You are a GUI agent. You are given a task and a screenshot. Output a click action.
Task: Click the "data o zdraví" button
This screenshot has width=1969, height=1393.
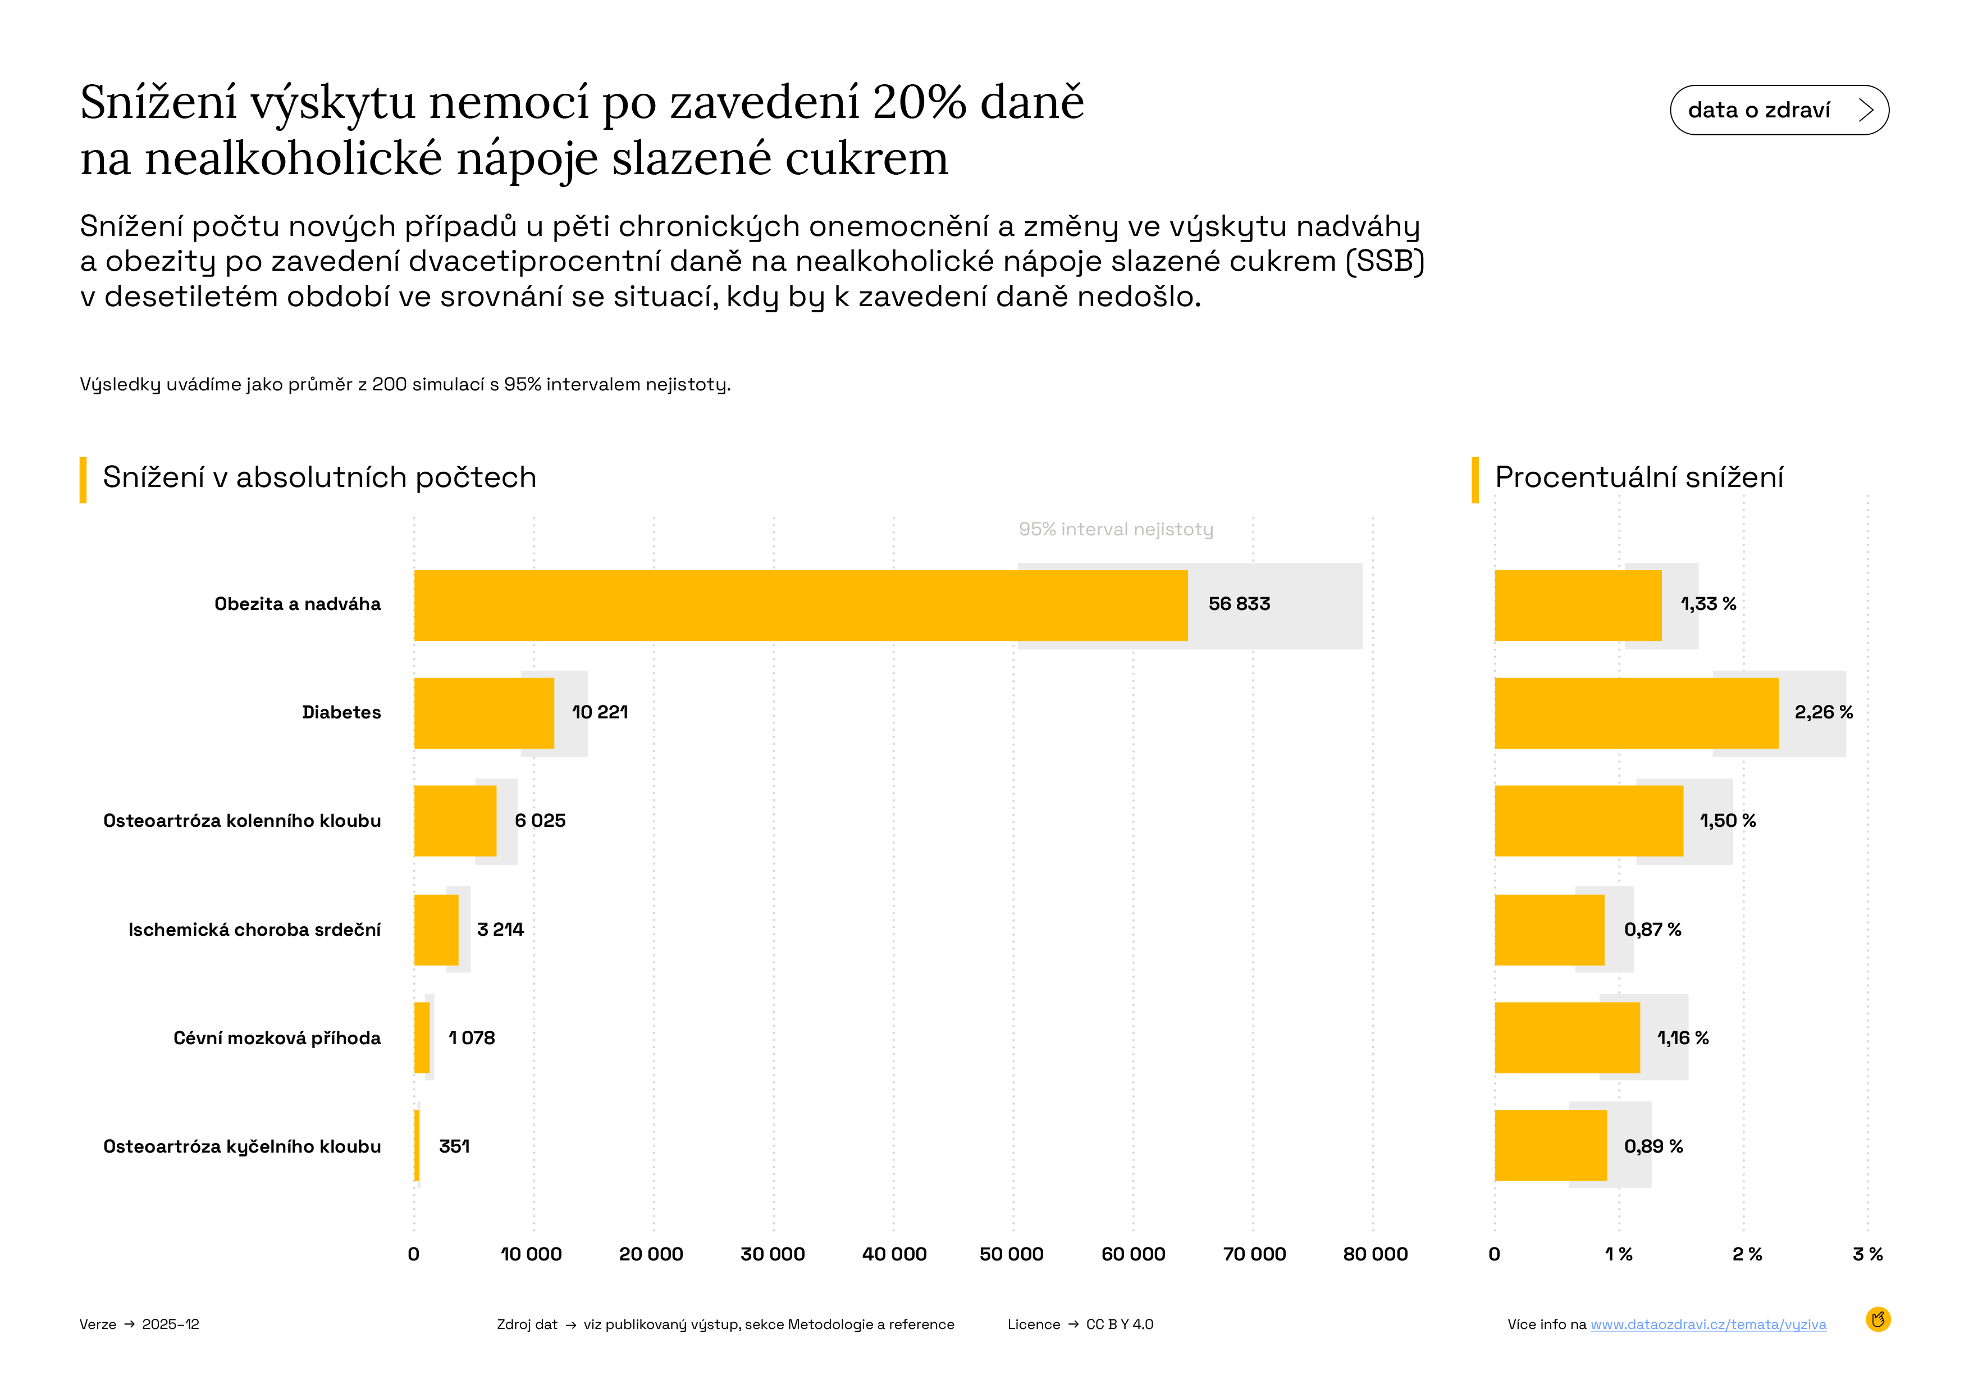coord(1779,110)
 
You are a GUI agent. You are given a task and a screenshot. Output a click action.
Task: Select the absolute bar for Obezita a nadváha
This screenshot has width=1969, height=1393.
coord(800,605)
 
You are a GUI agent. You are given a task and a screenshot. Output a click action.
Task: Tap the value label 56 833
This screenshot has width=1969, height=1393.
coord(1239,604)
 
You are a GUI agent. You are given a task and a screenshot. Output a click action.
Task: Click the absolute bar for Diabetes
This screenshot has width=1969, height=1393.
coord(483,713)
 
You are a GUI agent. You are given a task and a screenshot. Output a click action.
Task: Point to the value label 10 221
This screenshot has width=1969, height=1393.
coord(600,712)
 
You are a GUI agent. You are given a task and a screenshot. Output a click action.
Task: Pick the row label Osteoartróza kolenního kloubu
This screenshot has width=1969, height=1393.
coord(242,821)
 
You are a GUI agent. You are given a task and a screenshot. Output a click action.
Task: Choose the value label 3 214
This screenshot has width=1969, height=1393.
coord(500,929)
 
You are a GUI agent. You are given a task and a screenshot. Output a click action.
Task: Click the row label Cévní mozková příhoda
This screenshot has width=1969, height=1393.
coord(277,1038)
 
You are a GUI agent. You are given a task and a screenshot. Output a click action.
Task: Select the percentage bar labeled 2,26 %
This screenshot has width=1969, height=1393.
coord(1635,713)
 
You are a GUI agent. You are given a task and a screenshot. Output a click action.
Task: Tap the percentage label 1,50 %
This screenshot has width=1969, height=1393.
coord(1727,821)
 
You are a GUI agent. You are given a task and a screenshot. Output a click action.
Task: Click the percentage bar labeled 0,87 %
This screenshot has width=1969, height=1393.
coord(1549,930)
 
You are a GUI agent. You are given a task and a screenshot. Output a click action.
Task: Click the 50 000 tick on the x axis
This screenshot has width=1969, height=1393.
coord(1011,1254)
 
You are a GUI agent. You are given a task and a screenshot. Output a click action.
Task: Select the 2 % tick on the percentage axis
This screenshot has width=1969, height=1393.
coord(1746,1254)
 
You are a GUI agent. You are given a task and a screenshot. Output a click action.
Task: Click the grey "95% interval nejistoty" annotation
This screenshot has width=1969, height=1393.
coord(1115,529)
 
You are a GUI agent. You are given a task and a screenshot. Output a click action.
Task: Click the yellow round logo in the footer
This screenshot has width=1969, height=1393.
coord(1877,1319)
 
